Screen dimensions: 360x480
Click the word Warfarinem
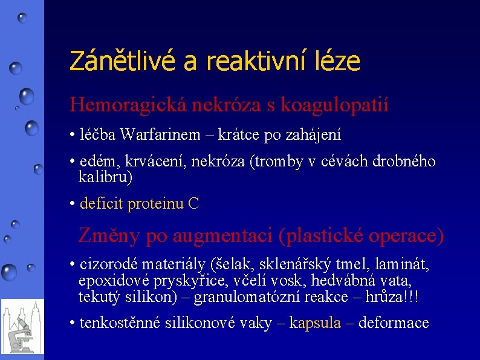(x=160, y=134)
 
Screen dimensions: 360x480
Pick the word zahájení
(x=317, y=134)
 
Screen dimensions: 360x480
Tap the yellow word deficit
(x=102, y=204)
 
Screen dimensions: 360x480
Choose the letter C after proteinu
(x=193, y=204)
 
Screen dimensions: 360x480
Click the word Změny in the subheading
(x=106, y=235)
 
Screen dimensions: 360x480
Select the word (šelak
(x=229, y=264)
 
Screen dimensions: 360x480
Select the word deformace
(x=394, y=323)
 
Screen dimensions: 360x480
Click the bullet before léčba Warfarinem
(x=73, y=134)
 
